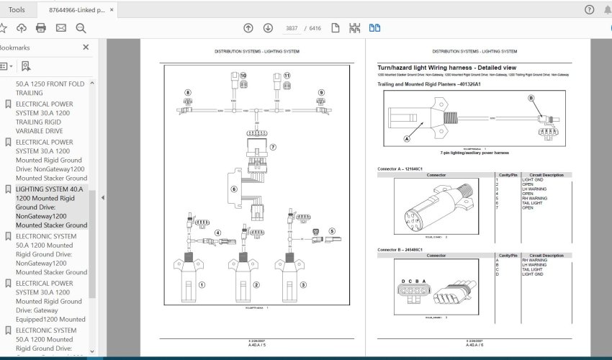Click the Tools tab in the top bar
click(17, 9)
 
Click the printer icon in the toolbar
click(41, 28)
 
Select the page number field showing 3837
click(292, 28)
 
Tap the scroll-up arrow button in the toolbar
click(248, 28)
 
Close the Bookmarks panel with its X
click(86, 47)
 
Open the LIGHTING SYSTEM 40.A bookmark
click(51, 207)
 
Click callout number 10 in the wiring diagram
click(243, 76)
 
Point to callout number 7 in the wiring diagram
click(273, 146)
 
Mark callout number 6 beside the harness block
click(233, 189)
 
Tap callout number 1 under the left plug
click(202, 284)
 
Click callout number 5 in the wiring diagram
click(332, 231)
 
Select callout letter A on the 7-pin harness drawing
click(407, 138)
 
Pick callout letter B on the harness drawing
click(531, 98)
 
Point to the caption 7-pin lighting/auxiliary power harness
click(474, 153)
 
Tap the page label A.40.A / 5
click(256, 345)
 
